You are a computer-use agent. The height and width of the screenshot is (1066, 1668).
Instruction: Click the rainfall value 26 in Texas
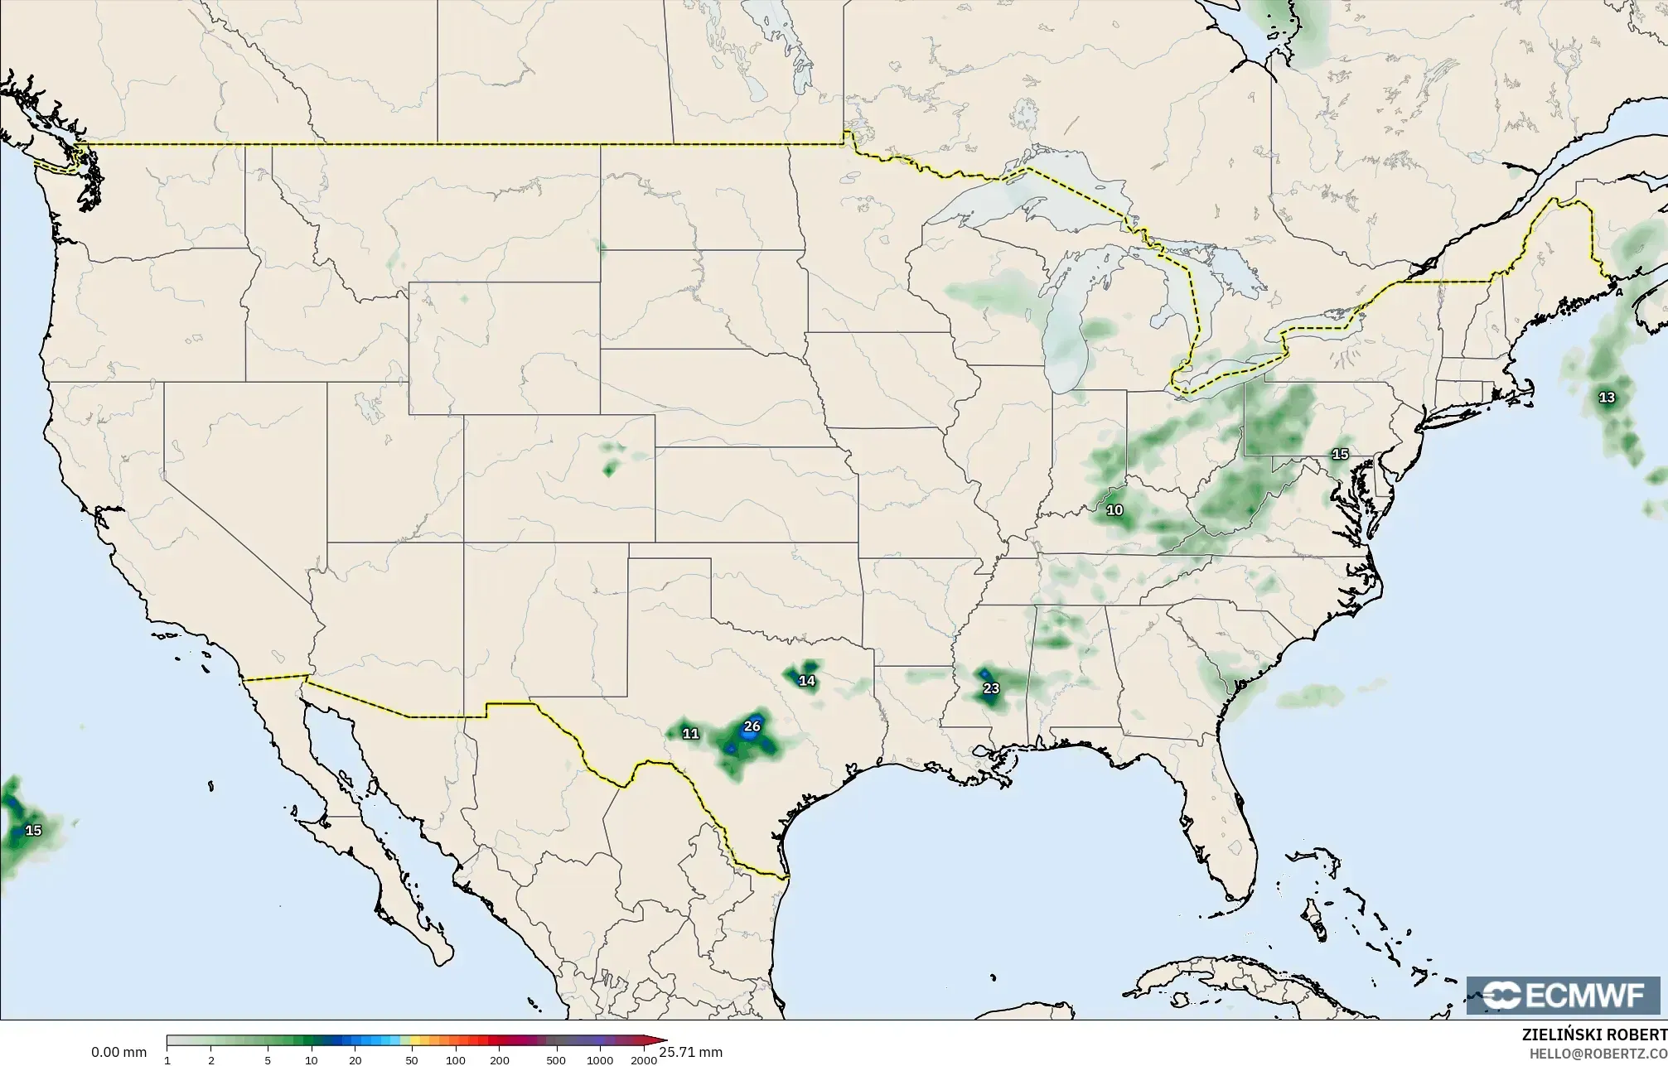(x=752, y=726)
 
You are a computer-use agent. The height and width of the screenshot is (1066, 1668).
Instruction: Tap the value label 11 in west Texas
(x=690, y=734)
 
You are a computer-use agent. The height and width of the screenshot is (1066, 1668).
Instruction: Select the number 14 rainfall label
(x=806, y=681)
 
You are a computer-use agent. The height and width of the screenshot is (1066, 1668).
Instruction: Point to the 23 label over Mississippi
(x=991, y=688)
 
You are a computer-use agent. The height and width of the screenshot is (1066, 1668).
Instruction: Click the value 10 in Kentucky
(x=1115, y=510)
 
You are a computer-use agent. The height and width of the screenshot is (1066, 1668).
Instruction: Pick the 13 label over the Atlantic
(x=1607, y=398)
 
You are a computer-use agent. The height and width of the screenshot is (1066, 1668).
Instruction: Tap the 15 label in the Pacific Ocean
(x=33, y=830)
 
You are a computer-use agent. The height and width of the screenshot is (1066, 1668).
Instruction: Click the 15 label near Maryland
(x=1340, y=454)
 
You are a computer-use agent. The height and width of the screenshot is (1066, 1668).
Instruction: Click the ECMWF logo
(x=1564, y=996)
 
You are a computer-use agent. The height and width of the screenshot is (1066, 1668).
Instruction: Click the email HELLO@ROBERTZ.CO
(x=1598, y=1053)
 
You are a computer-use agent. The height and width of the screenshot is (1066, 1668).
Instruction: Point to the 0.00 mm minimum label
(x=118, y=1053)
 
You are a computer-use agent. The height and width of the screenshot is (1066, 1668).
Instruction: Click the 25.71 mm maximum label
(x=690, y=1053)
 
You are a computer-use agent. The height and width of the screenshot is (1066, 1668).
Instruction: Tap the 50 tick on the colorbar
(x=412, y=1060)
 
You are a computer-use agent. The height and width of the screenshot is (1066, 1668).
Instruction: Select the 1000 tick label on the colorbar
(x=600, y=1060)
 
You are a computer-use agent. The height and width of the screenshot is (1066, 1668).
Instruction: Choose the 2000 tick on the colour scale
(x=644, y=1060)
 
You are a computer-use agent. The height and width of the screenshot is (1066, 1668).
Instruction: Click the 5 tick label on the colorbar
(x=268, y=1060)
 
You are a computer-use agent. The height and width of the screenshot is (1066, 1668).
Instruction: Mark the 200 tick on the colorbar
(x=499, y=1060)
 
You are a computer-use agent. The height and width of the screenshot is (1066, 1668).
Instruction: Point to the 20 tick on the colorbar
(x=355, y=1060)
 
